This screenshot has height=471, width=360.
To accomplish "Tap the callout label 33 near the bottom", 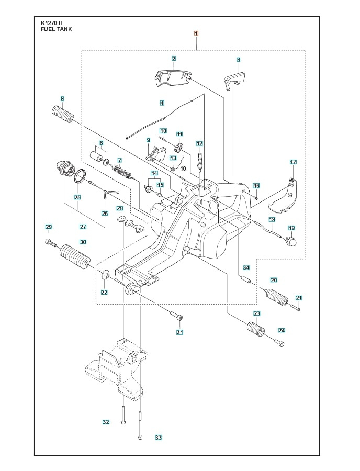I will (x=159, y=438).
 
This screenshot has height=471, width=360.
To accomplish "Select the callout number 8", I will (x=62, y=98).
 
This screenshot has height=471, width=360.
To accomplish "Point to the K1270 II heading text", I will (x=54, y=23).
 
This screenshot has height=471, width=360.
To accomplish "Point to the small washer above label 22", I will (x=105, y=274).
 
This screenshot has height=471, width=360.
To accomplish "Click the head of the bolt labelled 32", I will (x=122, y=422).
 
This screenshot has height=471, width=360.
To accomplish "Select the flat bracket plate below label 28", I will (x=130, y=226).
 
